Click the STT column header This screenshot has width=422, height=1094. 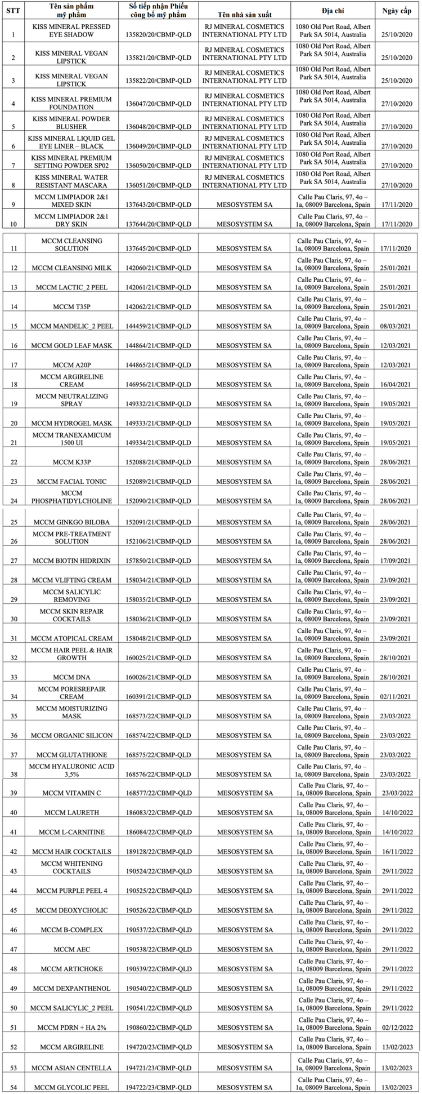click(x=13, y=10)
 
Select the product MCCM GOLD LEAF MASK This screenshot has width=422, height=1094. click(x=71, y=346)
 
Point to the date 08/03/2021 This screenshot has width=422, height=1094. click(x=397, y=326)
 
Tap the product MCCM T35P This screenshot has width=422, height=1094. click(x=71, y=307)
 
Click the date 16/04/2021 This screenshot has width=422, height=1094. click(x=397, y=385)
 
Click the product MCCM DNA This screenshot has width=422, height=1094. click(x=71, y=677)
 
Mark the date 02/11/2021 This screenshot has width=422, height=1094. click(x=397, y=697)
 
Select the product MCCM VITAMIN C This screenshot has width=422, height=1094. click(x=71, y=793)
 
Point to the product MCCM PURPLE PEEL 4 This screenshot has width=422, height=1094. click(x=71, y=891)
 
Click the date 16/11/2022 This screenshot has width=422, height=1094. click(x=397, y=852)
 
